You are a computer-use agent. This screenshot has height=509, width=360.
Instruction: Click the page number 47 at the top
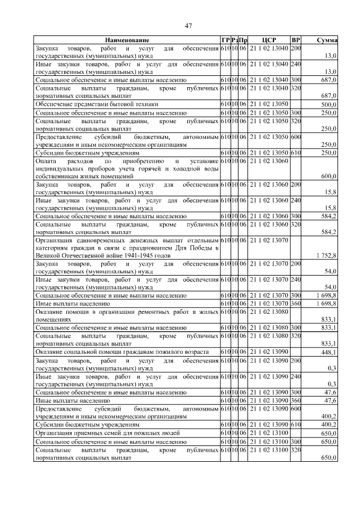(x=188, y=26)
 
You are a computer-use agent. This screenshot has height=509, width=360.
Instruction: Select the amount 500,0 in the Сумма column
(x=328, y=105)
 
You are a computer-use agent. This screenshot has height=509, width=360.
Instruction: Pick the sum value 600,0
(x=328, y=176)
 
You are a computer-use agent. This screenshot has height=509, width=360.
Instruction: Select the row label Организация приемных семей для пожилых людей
(x=107, y=434)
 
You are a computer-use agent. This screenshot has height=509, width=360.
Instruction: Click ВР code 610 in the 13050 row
(x=296, y=152)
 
